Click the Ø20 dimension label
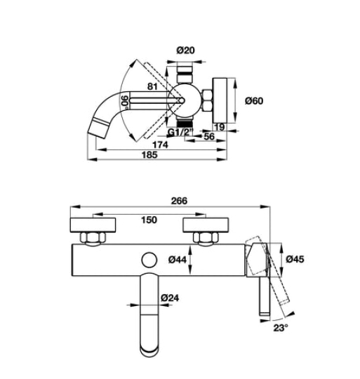185,51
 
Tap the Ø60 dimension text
254,100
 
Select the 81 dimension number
152,86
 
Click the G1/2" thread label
180,132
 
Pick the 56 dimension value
209,136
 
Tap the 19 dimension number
220,127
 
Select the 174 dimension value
160,145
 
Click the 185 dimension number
149,154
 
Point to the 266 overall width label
179,201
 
